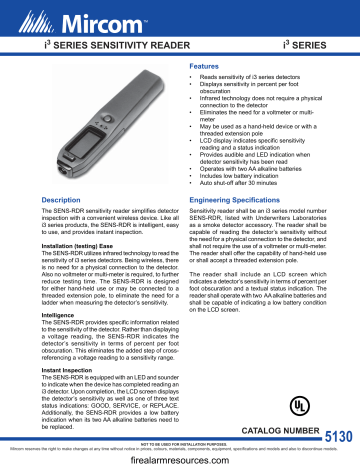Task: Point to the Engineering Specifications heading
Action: pyautogui.click(x=244, y=200)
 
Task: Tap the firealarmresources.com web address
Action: pyautogui.click(x=180, y=458)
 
